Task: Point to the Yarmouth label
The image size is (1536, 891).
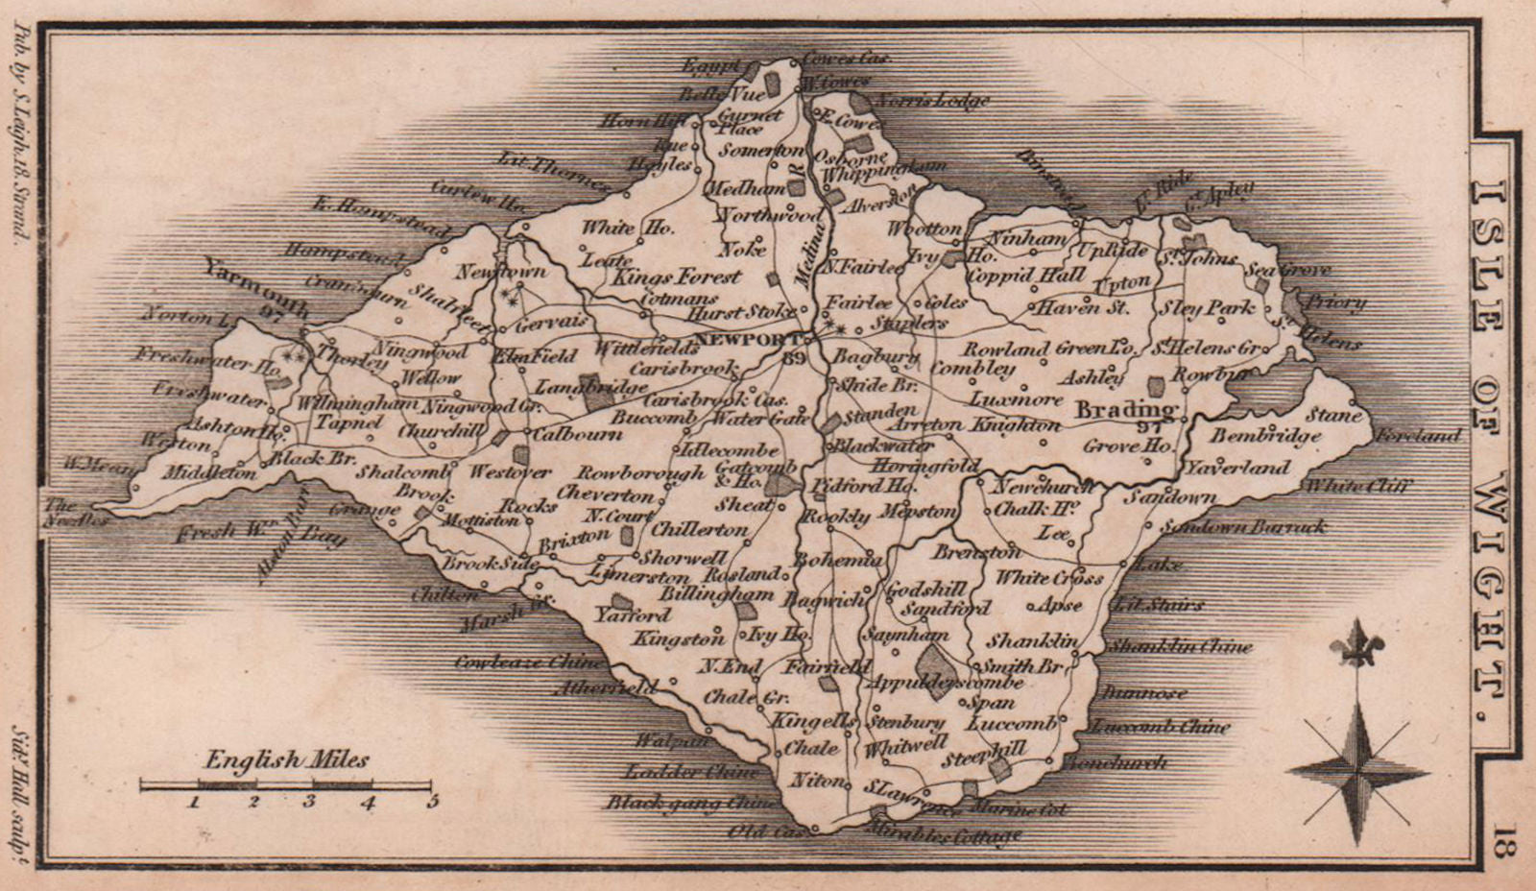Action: pyautogui.click(x=257, y=286)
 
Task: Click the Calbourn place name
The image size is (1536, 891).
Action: pyautogui.click(x=577, y=433)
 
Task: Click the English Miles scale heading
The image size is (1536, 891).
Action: pyautogui.click(x=286, y=760)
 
